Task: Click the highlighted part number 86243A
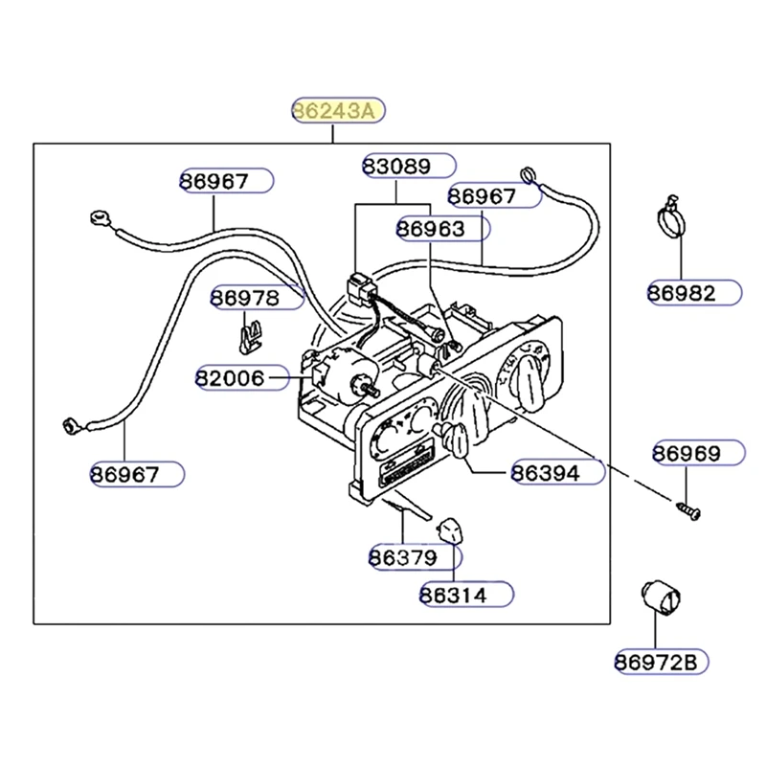click(337, 111)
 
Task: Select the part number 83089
click(396, 166)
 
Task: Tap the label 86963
click(431, 229)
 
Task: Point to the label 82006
click(230, 377)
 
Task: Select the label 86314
click(453, 595)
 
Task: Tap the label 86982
click(682, 293)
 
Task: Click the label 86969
click(687, 452)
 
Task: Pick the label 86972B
click(657, 661)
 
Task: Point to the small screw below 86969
click(687, 510)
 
